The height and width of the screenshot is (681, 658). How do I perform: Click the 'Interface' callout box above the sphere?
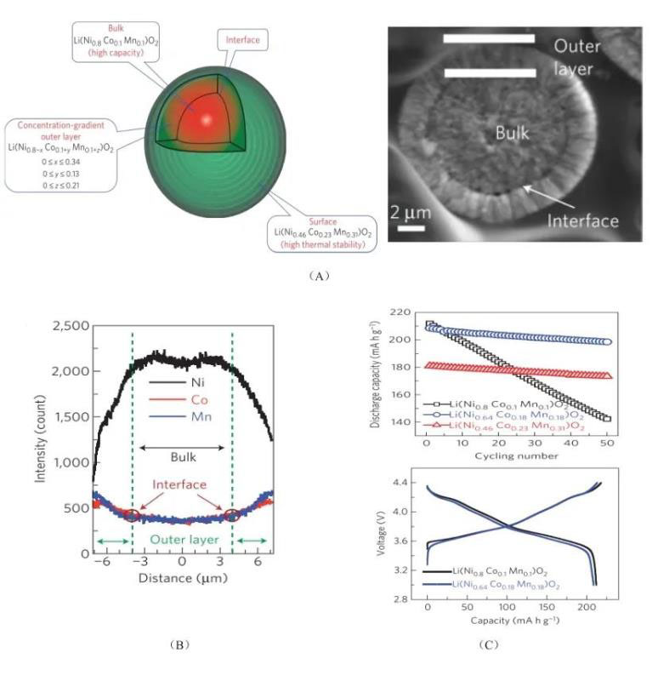click(x=249, y=38)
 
